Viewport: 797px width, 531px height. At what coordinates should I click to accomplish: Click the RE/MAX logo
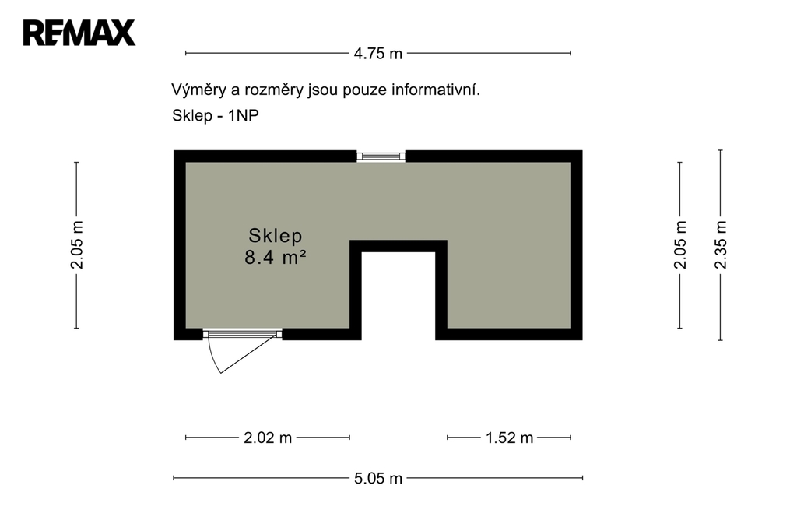click(79, 33)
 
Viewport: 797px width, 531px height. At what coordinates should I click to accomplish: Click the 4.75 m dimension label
click(378, 54)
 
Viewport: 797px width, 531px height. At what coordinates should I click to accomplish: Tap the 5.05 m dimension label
click(378, 479)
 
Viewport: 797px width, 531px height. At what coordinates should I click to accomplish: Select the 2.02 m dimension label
click(268, 438)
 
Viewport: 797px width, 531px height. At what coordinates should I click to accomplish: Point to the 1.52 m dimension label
click(509, 438)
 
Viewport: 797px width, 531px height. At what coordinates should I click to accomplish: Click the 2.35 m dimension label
click(721, 245)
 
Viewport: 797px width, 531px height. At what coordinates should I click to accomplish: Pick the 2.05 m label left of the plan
click(77, 245)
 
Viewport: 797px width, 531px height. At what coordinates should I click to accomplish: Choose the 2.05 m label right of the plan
click(680, 245)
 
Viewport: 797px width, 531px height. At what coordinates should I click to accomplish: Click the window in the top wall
click(381, 156)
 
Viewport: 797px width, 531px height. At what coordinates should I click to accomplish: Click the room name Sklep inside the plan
click(276, 235)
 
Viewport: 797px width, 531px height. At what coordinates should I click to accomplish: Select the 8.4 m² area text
click(276, 258)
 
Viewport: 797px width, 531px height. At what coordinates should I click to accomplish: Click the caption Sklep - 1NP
click(216, 116)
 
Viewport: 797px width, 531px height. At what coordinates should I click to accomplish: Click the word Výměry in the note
click(198, 90)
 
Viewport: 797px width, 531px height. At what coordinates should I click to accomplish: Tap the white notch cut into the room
click(398, 296)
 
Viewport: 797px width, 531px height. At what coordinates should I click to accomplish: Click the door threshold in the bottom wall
click(243, 334)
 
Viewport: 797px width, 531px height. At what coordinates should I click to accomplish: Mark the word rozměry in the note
click(274, 90)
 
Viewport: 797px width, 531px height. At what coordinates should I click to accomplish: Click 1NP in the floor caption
click(244, 115)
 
